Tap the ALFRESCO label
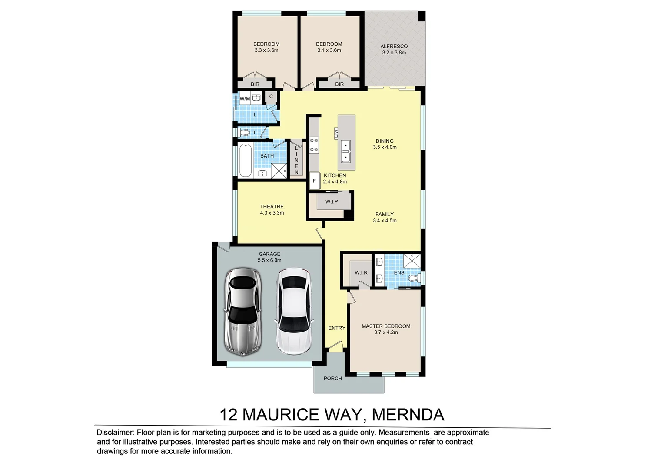394,47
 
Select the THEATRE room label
272,207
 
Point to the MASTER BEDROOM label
386,326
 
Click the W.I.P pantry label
332,201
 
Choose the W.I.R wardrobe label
361,272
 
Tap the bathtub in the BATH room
246,160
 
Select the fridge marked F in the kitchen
314,181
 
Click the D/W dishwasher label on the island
336,133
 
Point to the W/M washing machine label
245,98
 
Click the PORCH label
332,379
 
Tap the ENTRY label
337,328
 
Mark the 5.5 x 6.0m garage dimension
269,261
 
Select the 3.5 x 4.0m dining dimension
385,147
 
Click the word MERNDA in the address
408,415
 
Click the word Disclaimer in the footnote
115,433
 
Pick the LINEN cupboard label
297,160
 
